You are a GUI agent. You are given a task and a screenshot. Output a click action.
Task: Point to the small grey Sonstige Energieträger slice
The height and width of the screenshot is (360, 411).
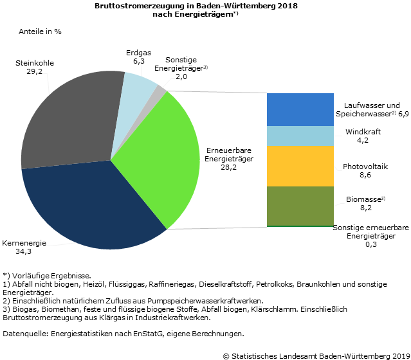[x=160, y=88]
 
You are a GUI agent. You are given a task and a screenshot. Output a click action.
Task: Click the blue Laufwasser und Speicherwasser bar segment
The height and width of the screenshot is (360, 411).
[x=300, y=109]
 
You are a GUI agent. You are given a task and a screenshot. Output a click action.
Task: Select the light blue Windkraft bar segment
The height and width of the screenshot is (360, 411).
[x=300, y=136]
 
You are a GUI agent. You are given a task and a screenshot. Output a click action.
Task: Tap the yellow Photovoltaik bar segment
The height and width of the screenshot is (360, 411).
[x=300, y=166]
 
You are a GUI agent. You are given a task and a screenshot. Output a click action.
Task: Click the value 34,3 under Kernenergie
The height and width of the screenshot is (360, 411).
[x=23, y=251]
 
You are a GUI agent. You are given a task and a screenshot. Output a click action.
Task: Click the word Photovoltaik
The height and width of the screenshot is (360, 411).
[x=365, y=166]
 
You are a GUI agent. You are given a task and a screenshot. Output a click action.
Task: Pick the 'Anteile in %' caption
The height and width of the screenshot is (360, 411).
[x=40, y=31]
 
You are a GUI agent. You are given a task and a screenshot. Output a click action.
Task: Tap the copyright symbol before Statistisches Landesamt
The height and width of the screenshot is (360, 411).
[x=226, y=355]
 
